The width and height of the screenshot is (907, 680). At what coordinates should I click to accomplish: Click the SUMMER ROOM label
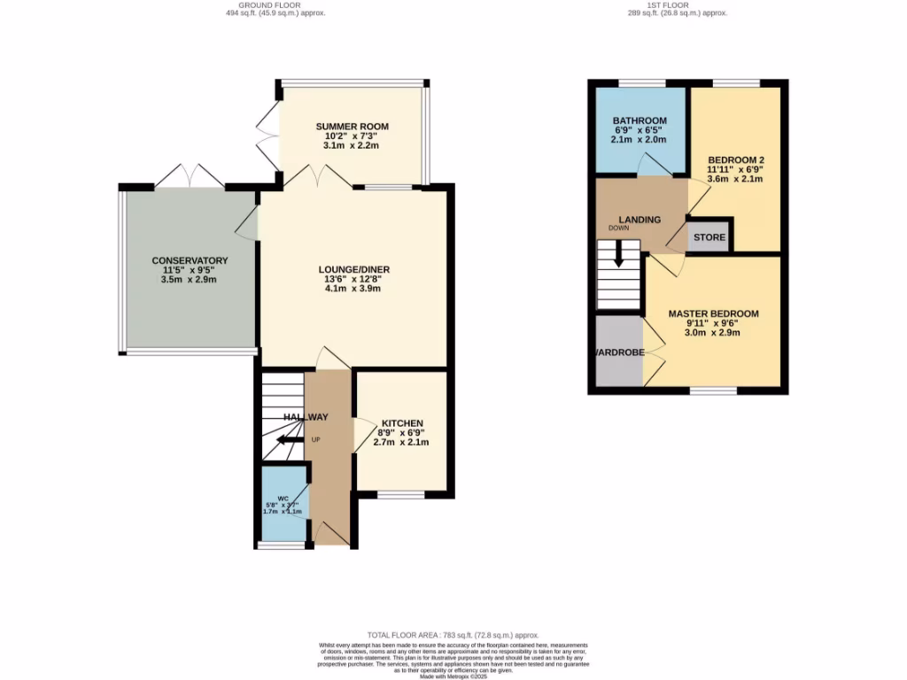point(352,127)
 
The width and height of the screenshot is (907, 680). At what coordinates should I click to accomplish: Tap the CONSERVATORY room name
point(190,260)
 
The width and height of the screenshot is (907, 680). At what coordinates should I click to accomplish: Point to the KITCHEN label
point(402,423)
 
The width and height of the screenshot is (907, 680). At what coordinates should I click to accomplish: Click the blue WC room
point(283,505)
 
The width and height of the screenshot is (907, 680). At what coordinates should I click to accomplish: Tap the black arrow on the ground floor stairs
point(288,439)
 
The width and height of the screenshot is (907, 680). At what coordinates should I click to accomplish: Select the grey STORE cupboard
point(709,237)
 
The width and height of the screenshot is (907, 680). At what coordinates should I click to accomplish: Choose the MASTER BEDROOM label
point(713,313)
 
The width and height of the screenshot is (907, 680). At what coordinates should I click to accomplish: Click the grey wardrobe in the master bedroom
point(617,352)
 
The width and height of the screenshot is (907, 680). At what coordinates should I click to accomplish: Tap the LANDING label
point(640,220)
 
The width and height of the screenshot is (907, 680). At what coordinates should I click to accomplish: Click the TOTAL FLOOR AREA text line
point(453,635)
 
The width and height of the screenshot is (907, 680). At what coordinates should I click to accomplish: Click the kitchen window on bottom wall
point(400,495)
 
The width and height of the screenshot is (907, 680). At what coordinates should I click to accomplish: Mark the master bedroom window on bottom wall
point(713,390)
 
